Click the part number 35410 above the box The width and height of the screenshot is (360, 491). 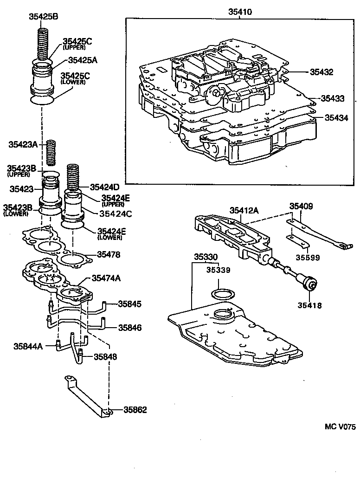[239, 12]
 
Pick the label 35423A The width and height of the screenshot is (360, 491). [23, 144]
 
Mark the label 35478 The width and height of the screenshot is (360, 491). [109, 254]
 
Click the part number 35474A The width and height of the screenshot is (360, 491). [106, 278]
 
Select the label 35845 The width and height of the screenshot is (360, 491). [129, 304]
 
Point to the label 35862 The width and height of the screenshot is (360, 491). [135, 410]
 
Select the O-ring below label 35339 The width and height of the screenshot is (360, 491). [222, 294]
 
